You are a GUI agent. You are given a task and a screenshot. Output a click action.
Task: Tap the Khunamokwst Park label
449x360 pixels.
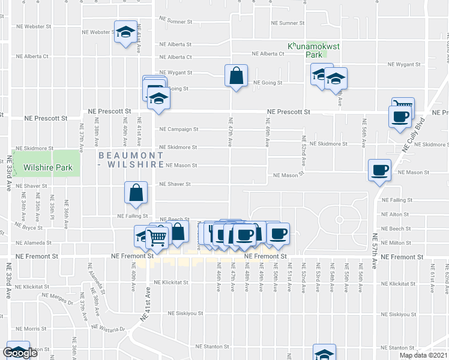coord(306,50)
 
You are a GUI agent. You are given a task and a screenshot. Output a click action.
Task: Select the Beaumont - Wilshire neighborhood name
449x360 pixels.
coord(131,160)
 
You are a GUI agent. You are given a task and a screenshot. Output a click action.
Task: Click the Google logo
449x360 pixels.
coord(20,353)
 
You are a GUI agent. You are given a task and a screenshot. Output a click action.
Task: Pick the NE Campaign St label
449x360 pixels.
coord(178,129)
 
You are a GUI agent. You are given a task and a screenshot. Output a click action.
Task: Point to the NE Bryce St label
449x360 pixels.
coord(29,228)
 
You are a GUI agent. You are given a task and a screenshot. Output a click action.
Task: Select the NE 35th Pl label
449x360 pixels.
coord(52,209)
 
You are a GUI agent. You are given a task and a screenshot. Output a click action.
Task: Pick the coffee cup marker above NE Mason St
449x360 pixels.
coord(379,170)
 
